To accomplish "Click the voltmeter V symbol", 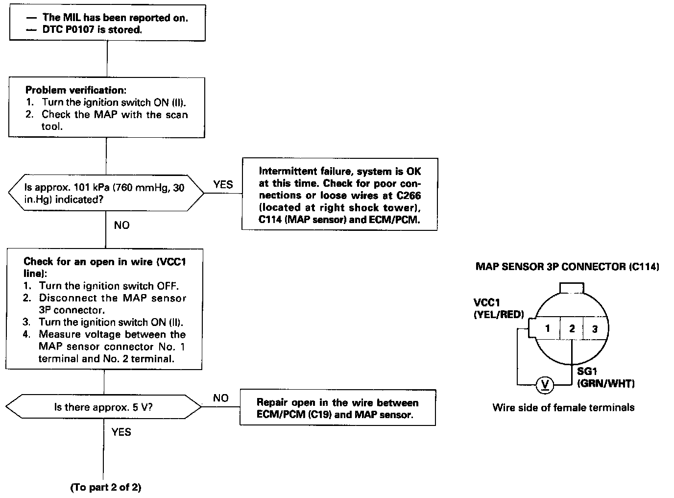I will click(545, 385).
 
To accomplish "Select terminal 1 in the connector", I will click(548, 328).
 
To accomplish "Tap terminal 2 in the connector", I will click(572, 328).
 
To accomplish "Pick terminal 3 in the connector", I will click(595, 329).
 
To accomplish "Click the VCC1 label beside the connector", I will click(487, 302).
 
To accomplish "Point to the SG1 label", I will click(587, 372).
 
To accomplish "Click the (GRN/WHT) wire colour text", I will click(606, 383).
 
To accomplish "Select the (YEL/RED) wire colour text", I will click(499, 315).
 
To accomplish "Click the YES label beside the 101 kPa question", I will click(223, 185).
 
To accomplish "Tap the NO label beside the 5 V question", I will click(221, 398).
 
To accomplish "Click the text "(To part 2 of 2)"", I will click(106, 487).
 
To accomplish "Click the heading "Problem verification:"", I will click(75, 90).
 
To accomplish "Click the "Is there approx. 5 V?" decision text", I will click(103, 407).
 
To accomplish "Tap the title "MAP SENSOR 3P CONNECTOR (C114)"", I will click(567, 267).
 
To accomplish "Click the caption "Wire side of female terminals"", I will click(563, 407).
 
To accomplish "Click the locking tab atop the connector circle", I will click(572, 287).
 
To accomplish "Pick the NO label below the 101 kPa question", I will click(121, 225).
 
